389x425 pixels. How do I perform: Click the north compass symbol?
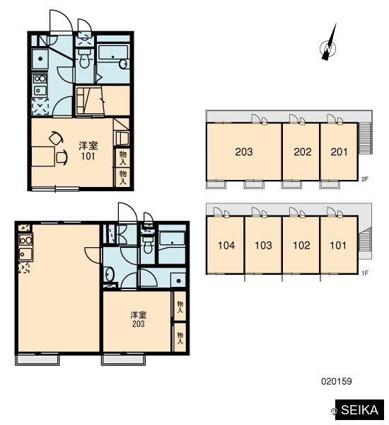328,47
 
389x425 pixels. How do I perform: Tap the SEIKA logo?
359,409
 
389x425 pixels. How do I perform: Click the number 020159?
336,381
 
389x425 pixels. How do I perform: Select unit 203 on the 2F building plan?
243,152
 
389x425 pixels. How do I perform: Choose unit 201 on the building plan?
339,152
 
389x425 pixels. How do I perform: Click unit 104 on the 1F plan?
226,245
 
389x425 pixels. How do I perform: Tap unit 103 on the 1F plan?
263,245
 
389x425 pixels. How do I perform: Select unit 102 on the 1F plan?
301,245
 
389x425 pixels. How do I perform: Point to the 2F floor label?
365,179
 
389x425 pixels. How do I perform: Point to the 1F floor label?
365,273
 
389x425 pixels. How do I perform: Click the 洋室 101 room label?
88,151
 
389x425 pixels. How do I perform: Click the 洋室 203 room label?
139,319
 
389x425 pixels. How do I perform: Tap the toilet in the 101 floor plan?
84,59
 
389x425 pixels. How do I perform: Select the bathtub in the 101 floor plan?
113,52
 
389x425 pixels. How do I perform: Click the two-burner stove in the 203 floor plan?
25,240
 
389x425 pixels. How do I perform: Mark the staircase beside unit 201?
365,138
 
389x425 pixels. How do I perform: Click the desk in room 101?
43,157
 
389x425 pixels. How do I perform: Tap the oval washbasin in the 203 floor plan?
110,274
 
